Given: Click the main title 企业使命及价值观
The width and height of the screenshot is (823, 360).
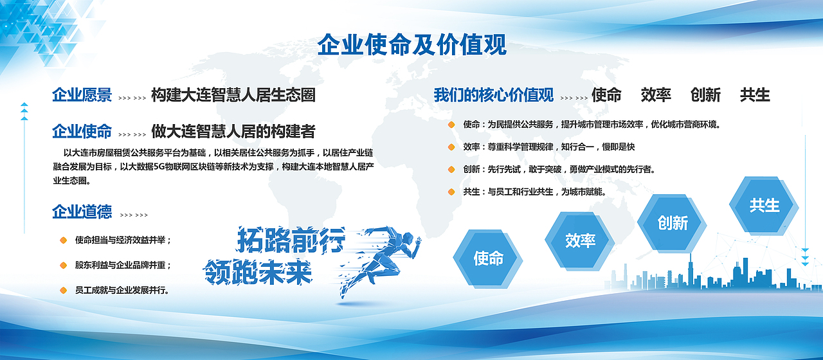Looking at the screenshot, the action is click(412, 45).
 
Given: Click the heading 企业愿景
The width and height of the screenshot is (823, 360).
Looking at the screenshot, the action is click(82, 94).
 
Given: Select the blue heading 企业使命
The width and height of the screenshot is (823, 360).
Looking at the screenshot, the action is click(82, 131).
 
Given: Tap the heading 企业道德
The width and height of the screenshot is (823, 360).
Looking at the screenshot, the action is click(82, 212).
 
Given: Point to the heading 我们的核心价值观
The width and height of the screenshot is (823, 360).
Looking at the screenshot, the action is click(493, 94).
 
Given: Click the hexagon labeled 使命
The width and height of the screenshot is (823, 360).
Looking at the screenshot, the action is click(488, 258).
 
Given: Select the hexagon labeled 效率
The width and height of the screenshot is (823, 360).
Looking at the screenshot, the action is click(580, 241).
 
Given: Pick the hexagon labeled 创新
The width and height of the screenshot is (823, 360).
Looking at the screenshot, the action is click(672, 223).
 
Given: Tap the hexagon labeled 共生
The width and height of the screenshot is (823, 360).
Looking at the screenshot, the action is click(764, 205).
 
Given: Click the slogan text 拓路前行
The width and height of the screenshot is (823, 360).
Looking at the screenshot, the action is click(291, 240).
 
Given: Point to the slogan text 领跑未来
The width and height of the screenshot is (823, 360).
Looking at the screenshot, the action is click(258, 272).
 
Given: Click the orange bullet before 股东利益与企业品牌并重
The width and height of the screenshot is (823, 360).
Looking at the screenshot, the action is click(63, 265).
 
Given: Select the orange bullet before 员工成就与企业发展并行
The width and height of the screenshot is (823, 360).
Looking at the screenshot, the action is click(63, 290).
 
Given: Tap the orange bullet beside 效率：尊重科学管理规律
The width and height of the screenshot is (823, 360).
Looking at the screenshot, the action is click(451, 147).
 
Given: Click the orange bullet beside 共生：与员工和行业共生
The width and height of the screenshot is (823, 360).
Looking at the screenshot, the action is click(451, 192).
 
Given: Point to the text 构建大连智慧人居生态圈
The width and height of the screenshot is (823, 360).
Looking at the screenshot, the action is click(233, 94).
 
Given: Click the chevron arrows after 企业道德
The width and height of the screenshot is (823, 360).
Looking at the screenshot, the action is click(134, 215).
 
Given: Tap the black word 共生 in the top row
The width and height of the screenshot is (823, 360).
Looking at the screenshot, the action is click(755, 94).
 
